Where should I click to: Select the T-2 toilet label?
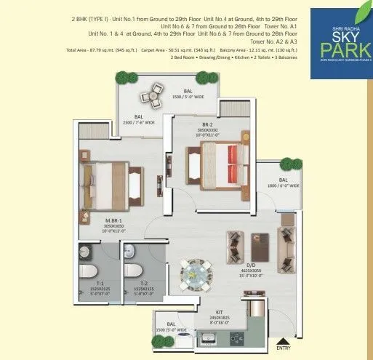(x=132, y=292)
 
